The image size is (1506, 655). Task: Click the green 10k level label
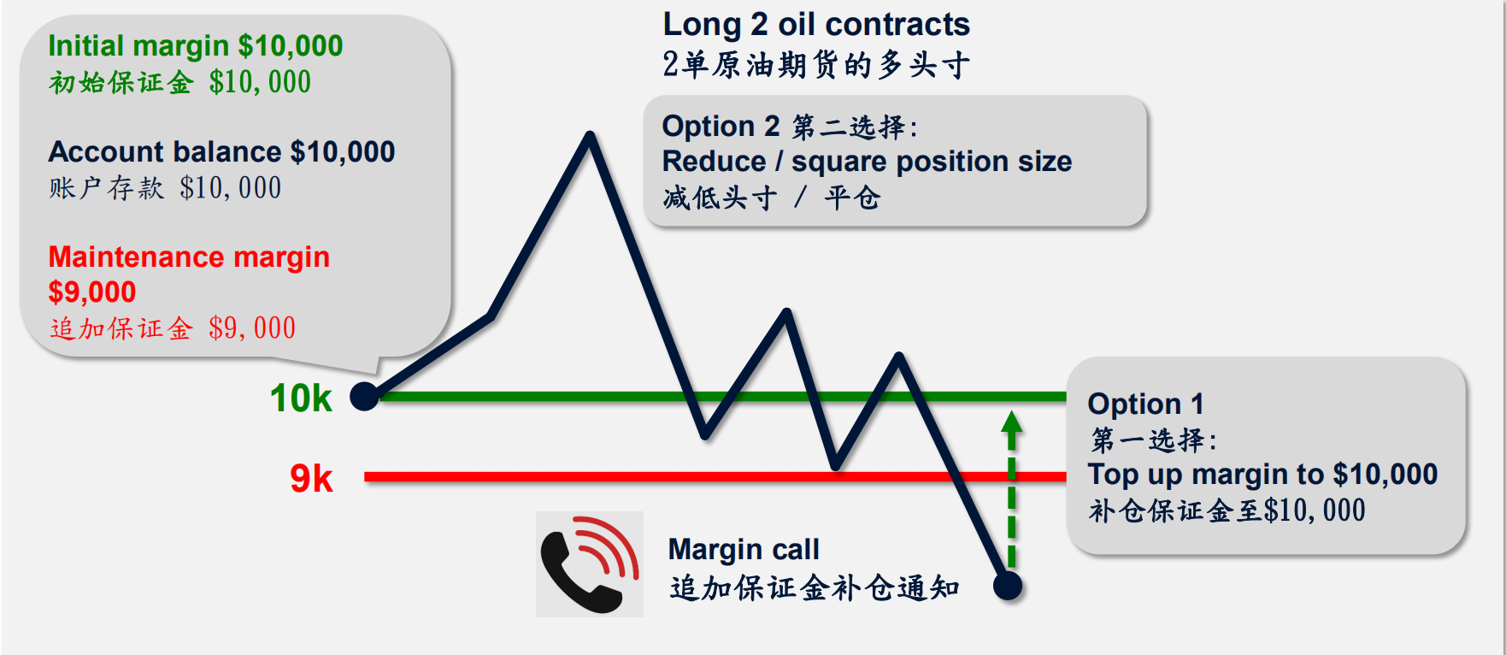pyautogui.click(x=301, y=398)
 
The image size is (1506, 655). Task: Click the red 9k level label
pyautogui.click(x=311, y=478)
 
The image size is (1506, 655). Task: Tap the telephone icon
pyautogui.click(x=589, y=564)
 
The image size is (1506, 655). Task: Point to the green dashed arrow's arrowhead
pyautogui.click(x=1012, y=422)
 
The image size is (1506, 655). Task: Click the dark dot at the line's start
pyautogui.click(x=365, y=396)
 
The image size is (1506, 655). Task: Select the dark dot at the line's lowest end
pyautogui.click(x=1009, y=586)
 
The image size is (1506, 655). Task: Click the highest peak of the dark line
pyautogui.click(x=590, y=135)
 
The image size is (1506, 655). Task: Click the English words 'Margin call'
pyautogui.click(x=744, y=550)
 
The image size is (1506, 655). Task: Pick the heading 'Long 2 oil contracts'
pyautogui.click(x=816, y=25)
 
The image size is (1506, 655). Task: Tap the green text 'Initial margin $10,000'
pyautogui.click(x=196, y=45)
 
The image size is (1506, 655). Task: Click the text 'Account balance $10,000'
pyautogui.click(x=222, y=151)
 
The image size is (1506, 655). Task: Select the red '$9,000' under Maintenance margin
pyautogui.click(x=92, y=292)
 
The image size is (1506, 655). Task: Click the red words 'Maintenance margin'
pyautogui.click(x=189, y=257)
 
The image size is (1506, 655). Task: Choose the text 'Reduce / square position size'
pyautogui.click(x=867, y=162)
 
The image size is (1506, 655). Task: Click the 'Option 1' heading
pyautogui.click(x=1146, y=404)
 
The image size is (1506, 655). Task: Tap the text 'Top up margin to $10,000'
pyautogui.click(x=1262, y=474)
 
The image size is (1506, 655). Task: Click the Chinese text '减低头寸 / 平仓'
pyautogui.click(x=771, y=198)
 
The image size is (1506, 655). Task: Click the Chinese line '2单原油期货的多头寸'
pyautogui.click(x=816, y=65)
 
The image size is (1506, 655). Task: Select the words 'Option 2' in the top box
pyautogui.click(x=721, y=127)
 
